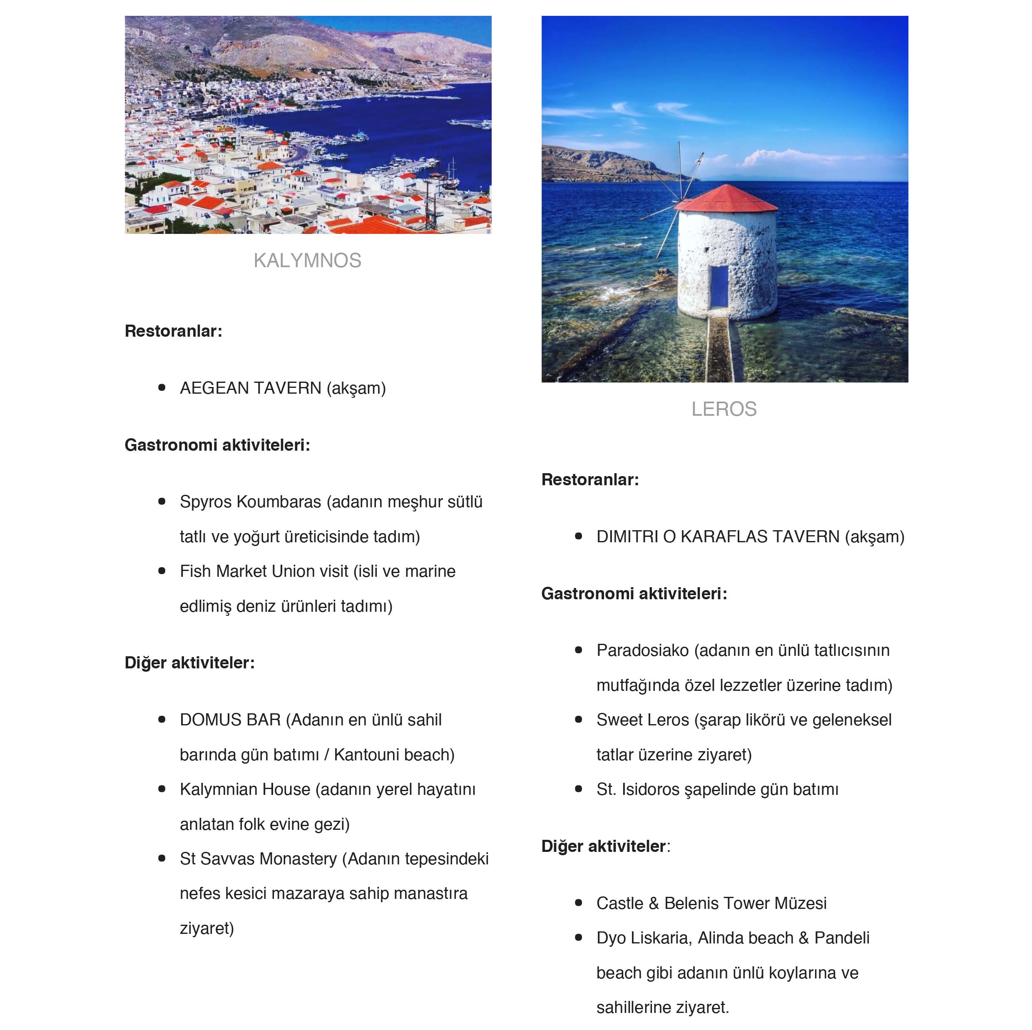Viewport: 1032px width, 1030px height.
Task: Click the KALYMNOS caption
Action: point(307,261)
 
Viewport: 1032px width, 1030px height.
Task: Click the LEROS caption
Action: point(724,409)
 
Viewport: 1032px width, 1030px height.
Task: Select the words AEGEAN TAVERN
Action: point(251,388)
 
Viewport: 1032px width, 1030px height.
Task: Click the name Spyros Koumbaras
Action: point(251,502)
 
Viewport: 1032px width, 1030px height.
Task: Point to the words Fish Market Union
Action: point(264,571)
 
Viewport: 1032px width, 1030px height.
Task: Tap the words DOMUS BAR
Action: point(230,720)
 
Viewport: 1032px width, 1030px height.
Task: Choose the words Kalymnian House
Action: point(245,789)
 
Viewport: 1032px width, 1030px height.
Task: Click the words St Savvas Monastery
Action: point(259,859)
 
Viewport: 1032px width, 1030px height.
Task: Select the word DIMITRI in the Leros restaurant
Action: point(627,536)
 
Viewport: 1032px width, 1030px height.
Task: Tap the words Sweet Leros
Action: point(643,720)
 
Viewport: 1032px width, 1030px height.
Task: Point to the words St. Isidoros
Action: point(638,789)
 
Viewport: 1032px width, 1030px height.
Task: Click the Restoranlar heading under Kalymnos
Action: point(173,331)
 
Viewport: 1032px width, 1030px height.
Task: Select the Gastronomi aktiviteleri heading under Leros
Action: point(634,594)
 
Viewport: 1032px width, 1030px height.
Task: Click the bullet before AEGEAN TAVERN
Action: point(162,387)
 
